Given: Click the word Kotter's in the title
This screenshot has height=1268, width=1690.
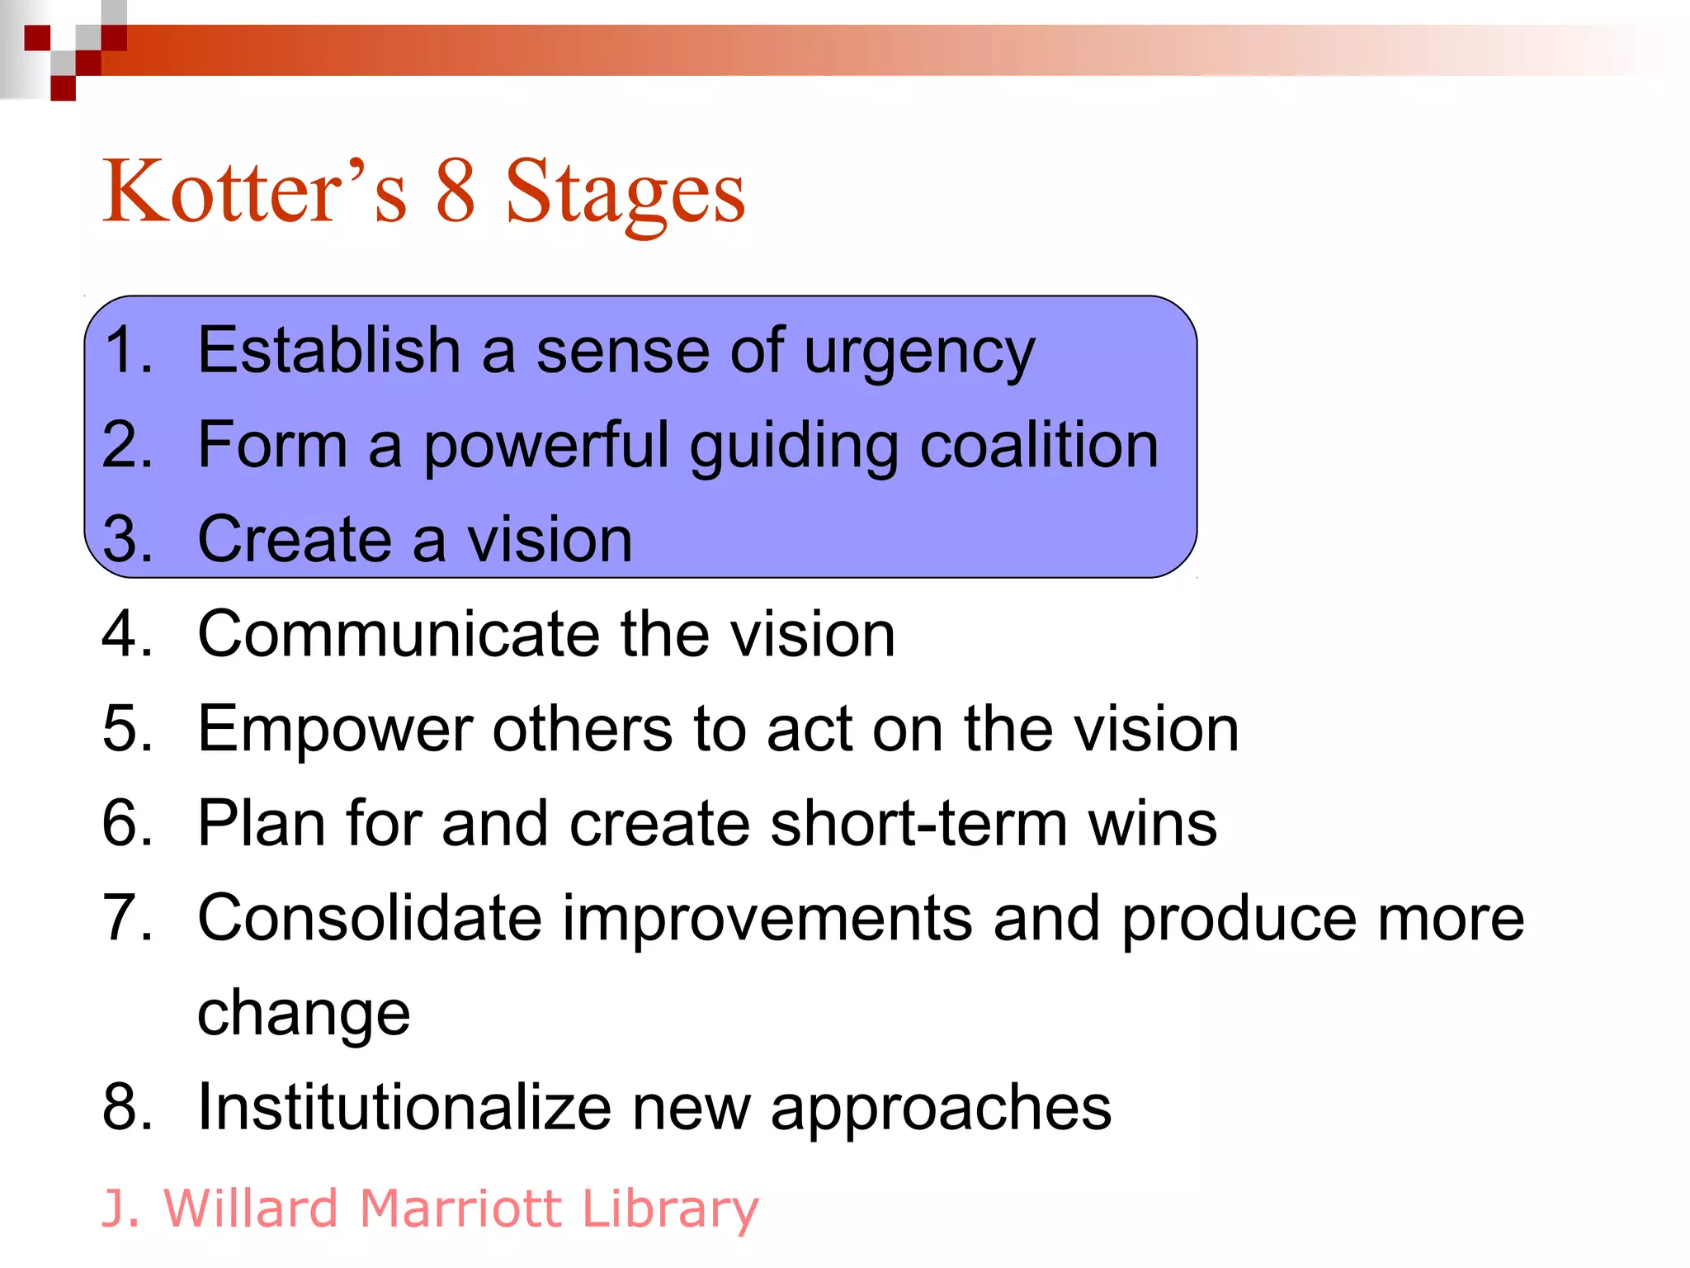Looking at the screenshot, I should coord(254,192).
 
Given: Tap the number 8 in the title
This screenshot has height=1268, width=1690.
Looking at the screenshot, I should coord(456,192).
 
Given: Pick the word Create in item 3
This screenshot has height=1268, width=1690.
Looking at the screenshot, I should coord(294,540).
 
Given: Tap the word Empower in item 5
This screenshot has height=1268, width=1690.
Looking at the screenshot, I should coord(335,731).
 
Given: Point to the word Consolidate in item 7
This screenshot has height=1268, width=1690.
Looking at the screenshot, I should coord(369,919).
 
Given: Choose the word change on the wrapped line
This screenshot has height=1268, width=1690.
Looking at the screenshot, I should coord(304,1015).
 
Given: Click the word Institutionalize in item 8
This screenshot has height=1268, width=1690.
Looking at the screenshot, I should coord(404,1108).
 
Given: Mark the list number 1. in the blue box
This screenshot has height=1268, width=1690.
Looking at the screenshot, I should coord(128,351).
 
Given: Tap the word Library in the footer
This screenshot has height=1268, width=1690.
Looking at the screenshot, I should coord(669,1210).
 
